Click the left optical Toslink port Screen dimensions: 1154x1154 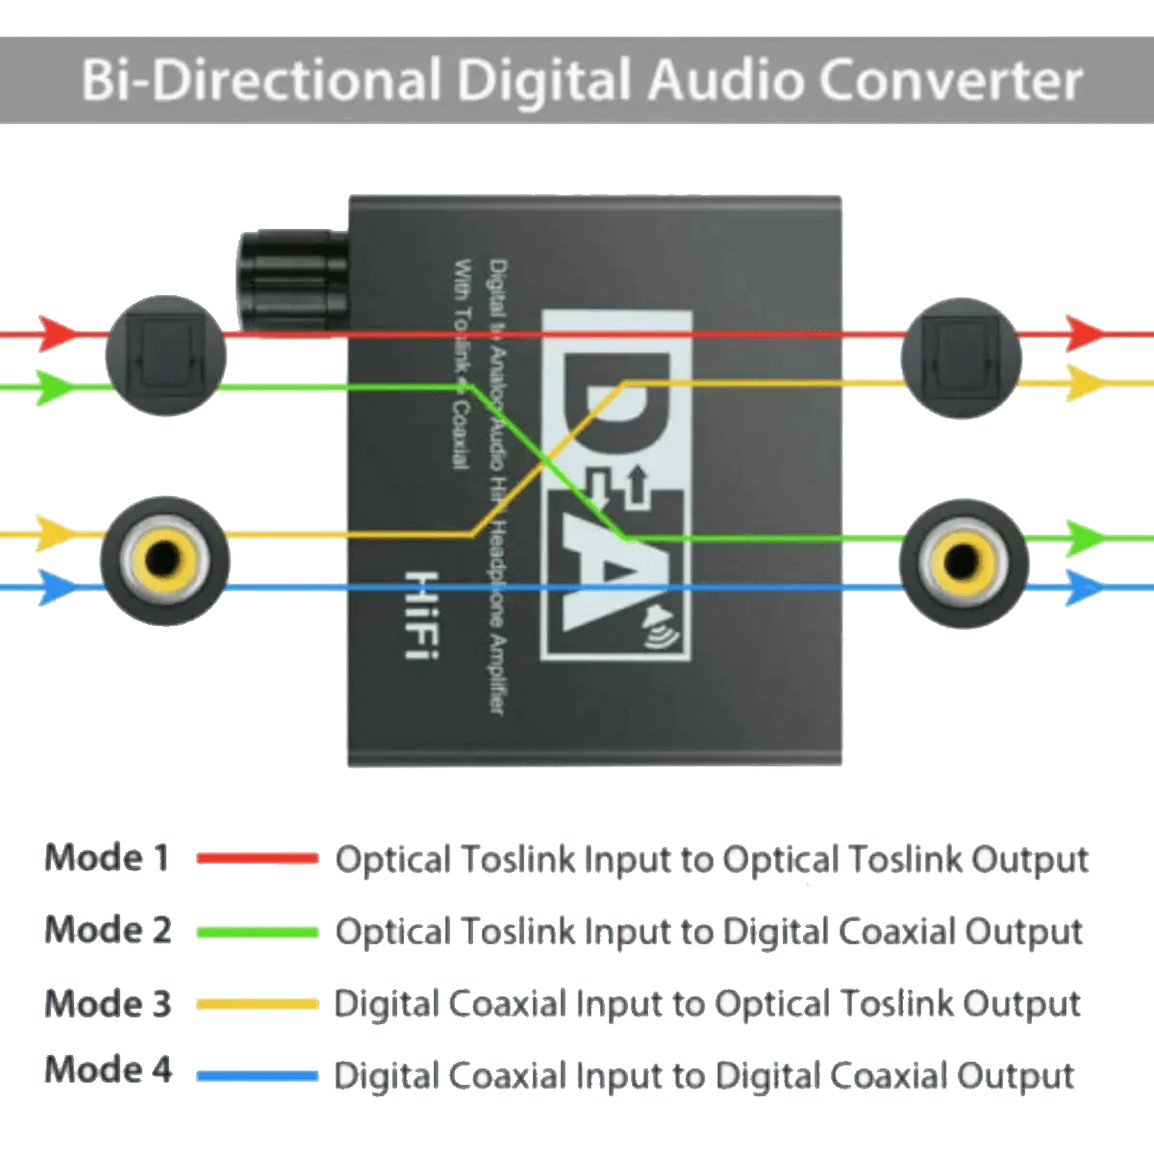[x=165, y=356]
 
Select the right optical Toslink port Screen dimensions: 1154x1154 [x=962, y=357]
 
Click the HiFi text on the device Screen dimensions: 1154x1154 [x=420, y=615]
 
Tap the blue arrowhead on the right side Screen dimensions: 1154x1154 [x=1084, y=586]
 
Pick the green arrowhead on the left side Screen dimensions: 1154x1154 [x=56, y=387]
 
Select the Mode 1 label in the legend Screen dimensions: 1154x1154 [x=108, y=857]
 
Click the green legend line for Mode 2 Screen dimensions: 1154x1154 [x=257, y=931]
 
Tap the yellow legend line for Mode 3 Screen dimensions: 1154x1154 [x=257, y=1004]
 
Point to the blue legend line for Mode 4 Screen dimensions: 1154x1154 [x=257, y=1076]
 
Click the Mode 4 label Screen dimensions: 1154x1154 [x=109, y=1069]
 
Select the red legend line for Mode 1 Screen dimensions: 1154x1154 [x=257, y=858]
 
